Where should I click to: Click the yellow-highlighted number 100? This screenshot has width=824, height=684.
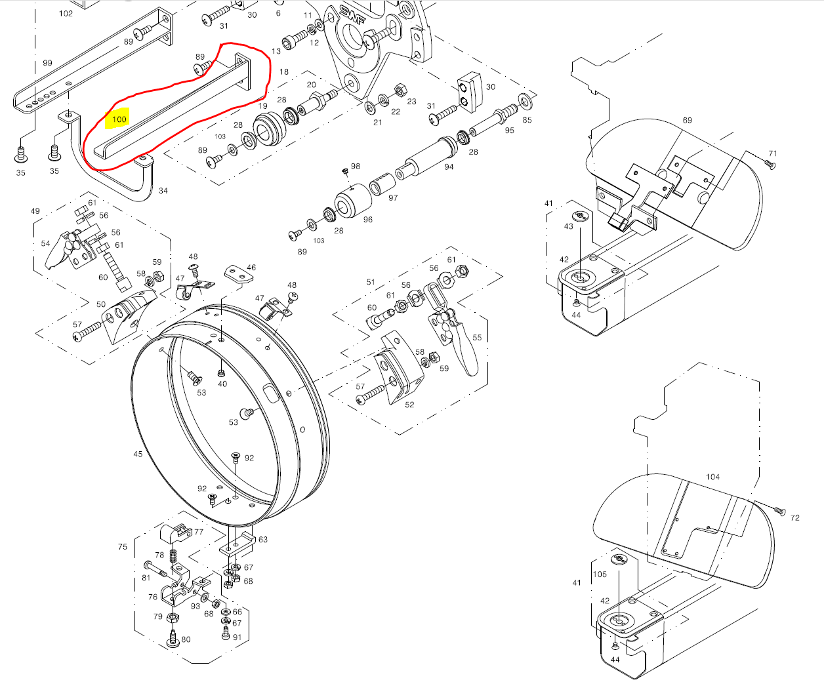pos(119,119)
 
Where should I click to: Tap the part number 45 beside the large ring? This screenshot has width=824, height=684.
pos(138,454)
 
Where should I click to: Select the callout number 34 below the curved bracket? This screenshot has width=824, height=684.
pos(163,191)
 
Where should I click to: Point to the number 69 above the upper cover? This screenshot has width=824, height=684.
pos(687,120)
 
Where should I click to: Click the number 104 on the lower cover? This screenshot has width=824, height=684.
pos(712,477)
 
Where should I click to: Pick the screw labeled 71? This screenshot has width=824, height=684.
pos(770,164)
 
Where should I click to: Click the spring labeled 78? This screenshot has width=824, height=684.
pos(173,557)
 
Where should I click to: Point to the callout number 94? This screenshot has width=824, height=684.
pos(449,167)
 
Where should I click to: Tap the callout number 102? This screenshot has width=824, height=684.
pos(66,14)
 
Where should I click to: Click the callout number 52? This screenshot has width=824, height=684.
pos(409,405)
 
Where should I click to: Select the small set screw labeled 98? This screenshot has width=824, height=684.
pos(345,171)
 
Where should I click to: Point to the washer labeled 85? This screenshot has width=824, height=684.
pos(524,102)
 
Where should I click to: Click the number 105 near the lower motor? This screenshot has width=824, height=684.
pos(600,574)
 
